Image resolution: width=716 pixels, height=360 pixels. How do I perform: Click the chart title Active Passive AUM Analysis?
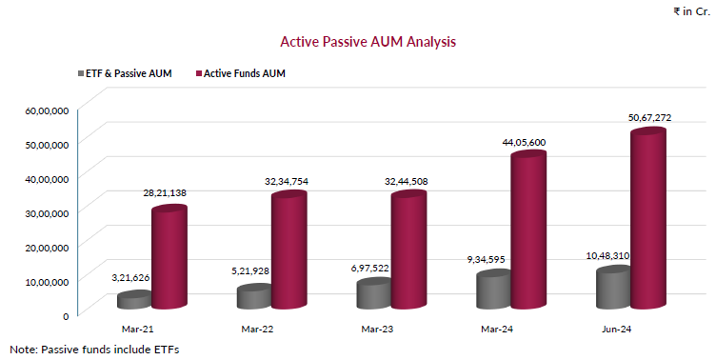368,42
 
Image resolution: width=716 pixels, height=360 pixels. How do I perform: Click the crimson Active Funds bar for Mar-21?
169,258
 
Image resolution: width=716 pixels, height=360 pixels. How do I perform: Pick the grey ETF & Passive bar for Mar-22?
254,297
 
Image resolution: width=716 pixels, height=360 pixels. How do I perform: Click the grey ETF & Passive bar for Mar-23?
373,293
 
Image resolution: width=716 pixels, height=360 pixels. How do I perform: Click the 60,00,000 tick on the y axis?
46,110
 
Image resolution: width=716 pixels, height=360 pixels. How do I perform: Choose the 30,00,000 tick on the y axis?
46,212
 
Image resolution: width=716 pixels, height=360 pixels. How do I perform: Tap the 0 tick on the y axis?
65,315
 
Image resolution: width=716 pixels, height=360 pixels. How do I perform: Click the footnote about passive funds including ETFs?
94,349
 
